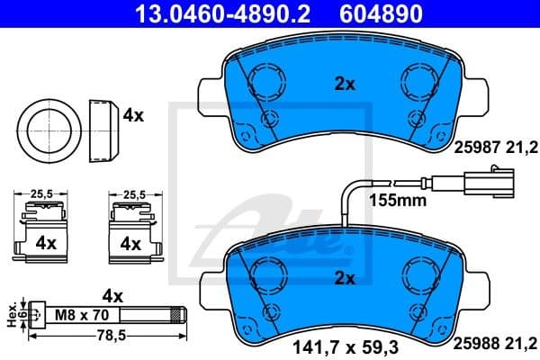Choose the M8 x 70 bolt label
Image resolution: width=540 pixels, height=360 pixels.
83,316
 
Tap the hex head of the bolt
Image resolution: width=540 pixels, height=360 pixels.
35,316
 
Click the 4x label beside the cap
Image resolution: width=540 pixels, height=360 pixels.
134,115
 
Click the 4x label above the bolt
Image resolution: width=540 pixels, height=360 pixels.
112,294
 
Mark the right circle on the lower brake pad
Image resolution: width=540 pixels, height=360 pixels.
420,274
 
